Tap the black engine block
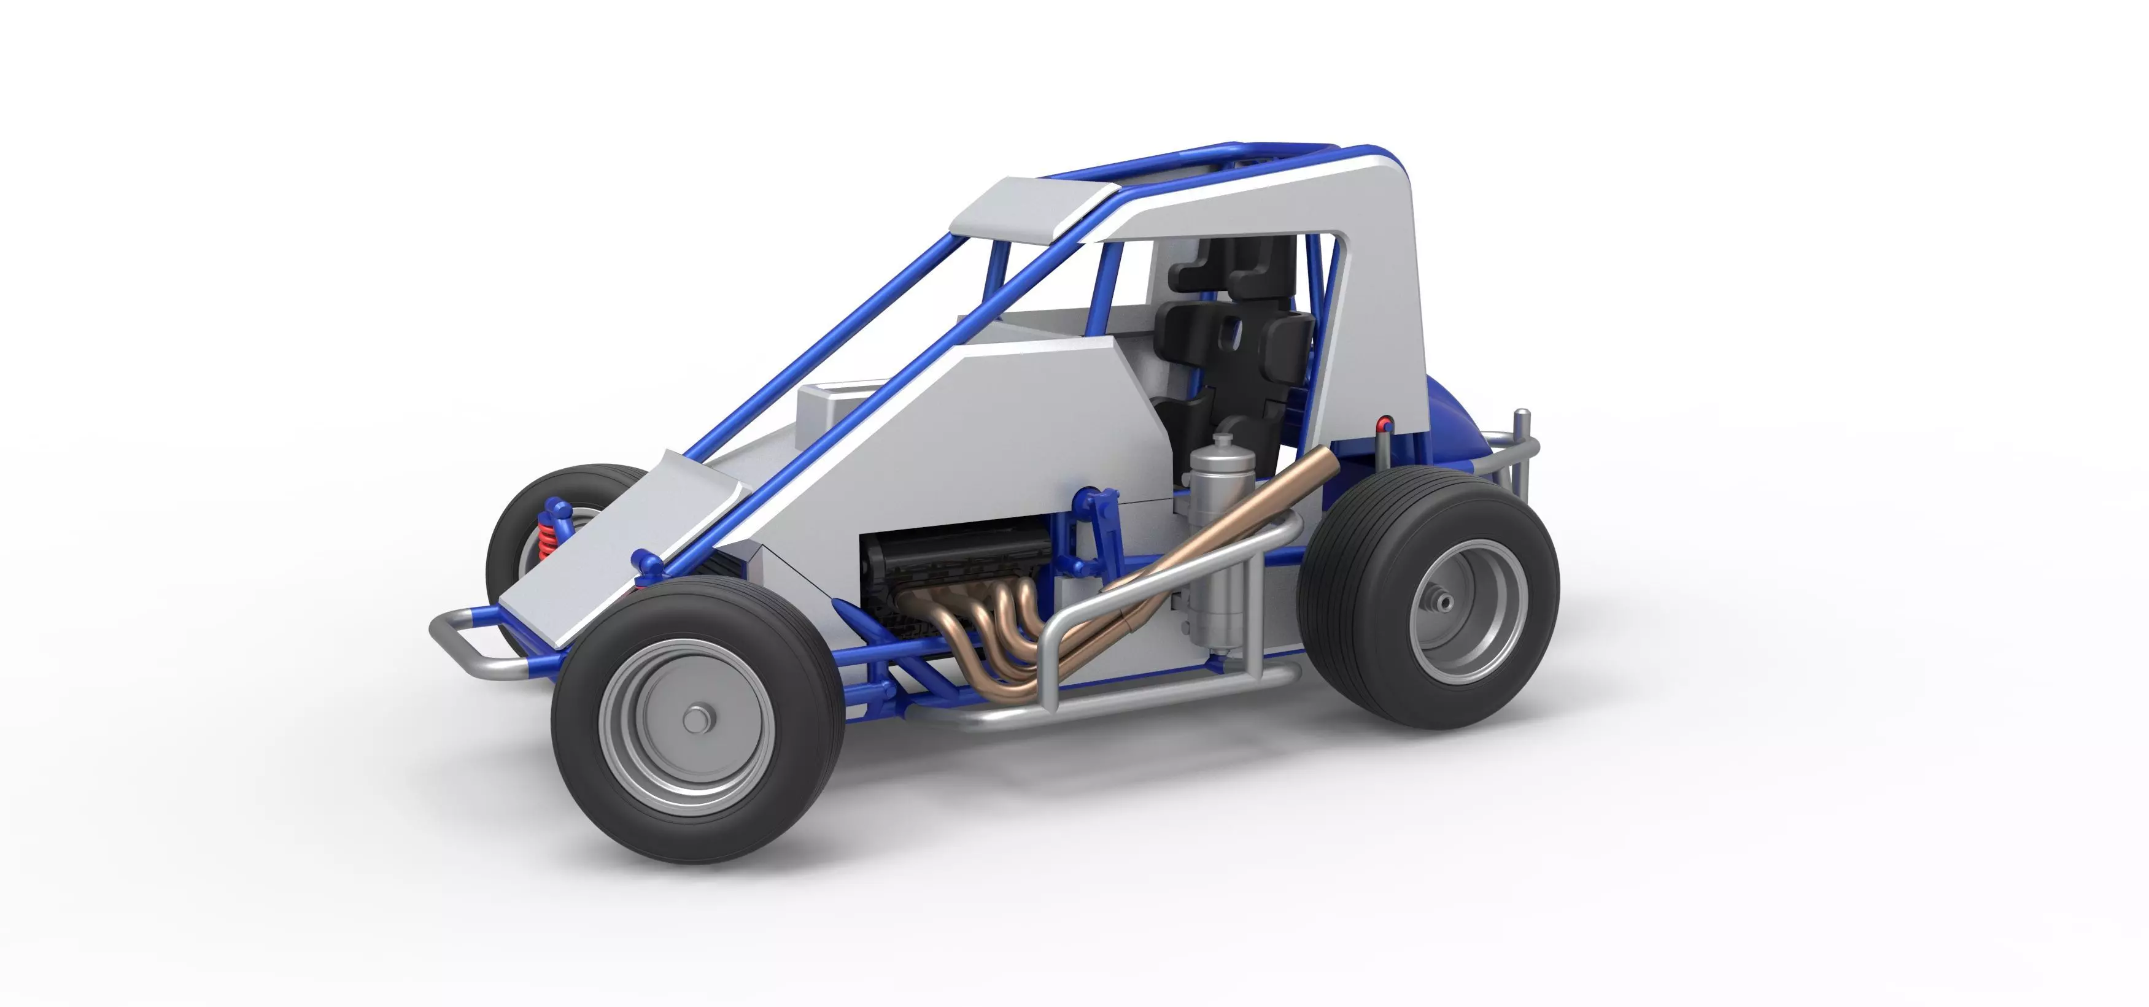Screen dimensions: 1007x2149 tap(951, 559)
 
